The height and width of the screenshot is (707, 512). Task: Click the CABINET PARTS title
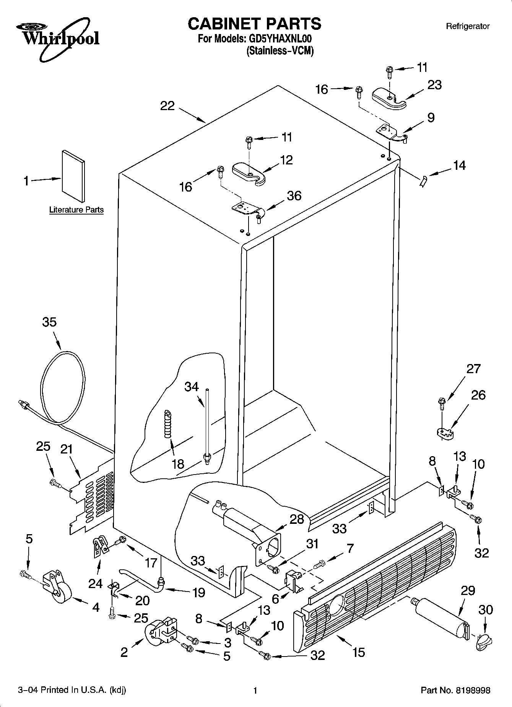(x=254, y=24)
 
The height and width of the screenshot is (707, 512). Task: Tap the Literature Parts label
(x=76, y=210)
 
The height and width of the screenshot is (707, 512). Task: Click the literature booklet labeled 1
(x=73, y=176)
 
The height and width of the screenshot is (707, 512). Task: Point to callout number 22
(x=167, y=106)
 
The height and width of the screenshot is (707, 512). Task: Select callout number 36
(x=294, y=196)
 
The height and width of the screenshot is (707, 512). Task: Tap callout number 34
(x=192, y=387)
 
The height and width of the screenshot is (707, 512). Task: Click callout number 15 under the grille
(x=358, y=652)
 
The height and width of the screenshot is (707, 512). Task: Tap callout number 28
(x=297, y=519)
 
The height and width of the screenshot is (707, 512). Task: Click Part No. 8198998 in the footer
(x=455, y=690)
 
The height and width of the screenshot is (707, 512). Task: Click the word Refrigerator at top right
(x=468, y=26)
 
